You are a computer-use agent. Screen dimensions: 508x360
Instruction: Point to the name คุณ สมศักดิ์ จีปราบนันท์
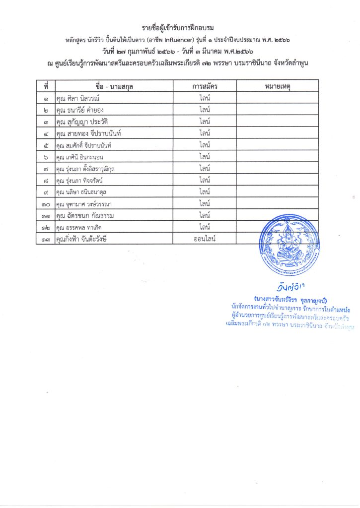click(90, 145)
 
